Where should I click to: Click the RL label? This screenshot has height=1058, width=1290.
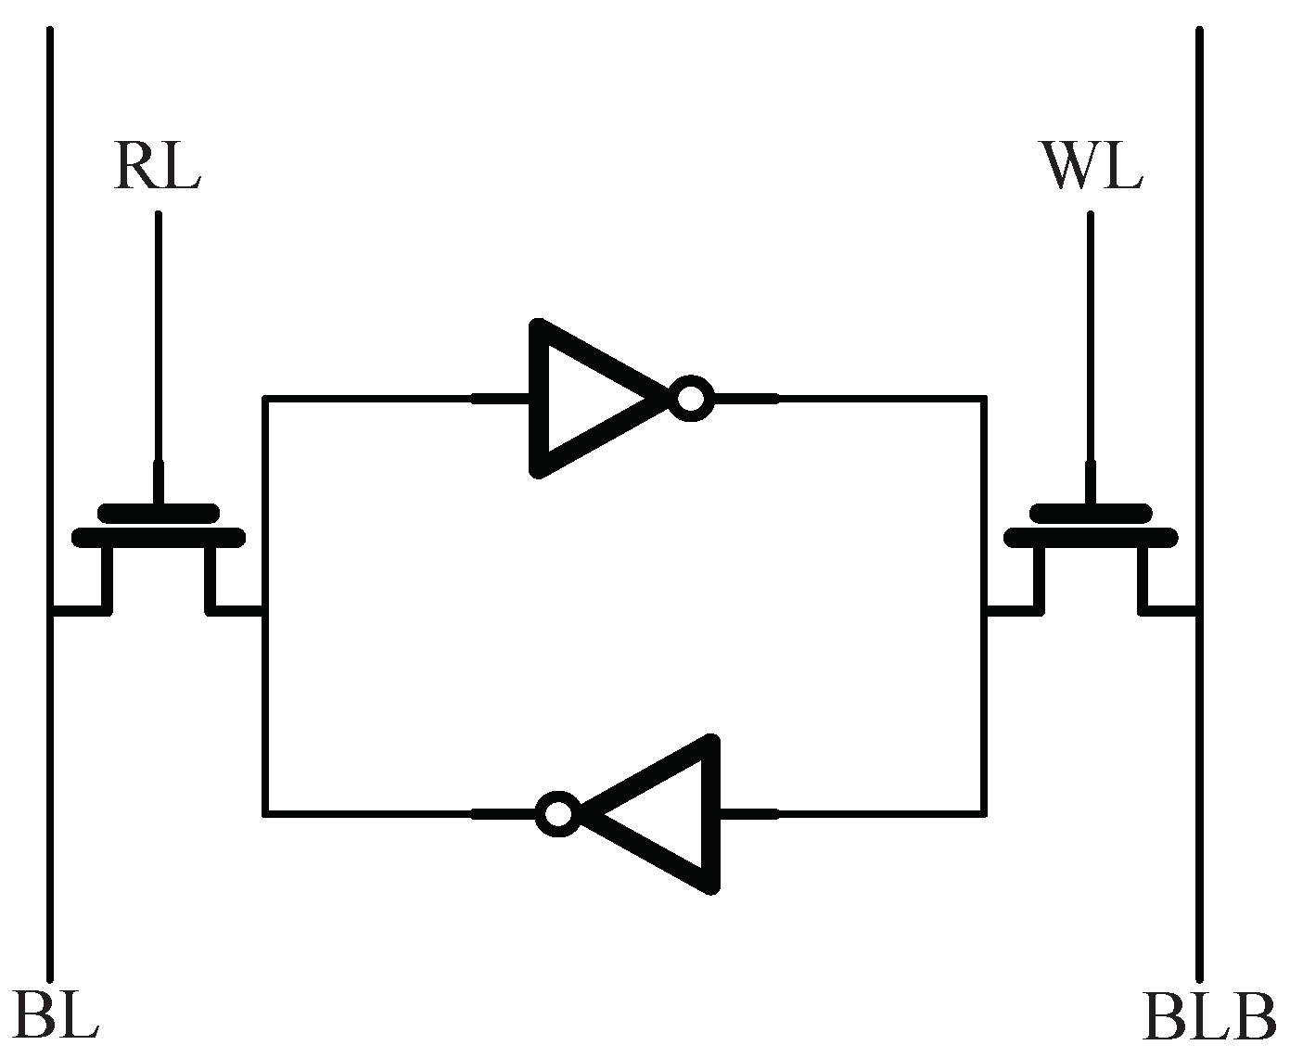pos(157,168)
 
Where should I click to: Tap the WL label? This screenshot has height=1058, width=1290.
pos(1092,168)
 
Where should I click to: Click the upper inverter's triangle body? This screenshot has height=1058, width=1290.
pos(584,399)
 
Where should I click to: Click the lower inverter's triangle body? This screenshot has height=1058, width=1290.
pos(668,814)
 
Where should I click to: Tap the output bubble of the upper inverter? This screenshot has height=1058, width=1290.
pos(691,399)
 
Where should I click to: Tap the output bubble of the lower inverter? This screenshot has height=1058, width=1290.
pos(558,814)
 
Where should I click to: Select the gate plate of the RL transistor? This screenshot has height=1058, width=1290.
pos(159,513)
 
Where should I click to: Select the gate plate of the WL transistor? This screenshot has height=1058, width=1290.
pos(1091,513)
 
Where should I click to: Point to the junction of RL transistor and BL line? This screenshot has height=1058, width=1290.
pos(51,611)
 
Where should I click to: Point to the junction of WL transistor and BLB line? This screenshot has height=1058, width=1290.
pos(1198,611)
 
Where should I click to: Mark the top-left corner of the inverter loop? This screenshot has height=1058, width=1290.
pos(265,399)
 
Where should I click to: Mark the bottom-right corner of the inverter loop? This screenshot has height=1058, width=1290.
pos(984,814)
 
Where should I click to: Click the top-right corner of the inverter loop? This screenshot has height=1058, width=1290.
pos(984,399)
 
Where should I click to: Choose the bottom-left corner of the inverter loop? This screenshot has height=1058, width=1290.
pos(265,814)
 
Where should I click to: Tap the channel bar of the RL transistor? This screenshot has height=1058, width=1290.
pos(159,537)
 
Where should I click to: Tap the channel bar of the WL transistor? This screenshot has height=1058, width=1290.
pos(1092,537)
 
